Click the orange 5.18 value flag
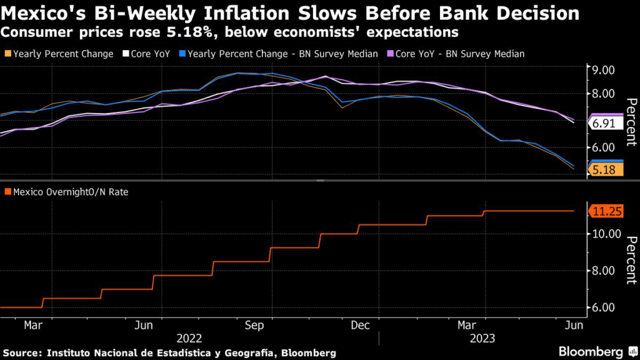(604, 169)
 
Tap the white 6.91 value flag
(604, 124)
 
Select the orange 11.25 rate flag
(606, 212)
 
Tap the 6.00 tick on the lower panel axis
(604, 307)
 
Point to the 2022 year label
(189, 338)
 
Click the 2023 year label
(482, 338)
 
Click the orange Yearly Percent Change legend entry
(62, 54)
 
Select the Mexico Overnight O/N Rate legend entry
(69, 192)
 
